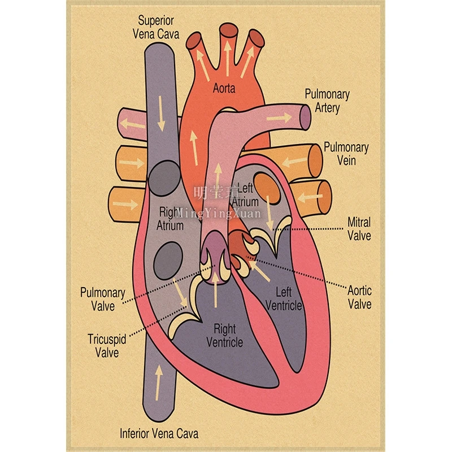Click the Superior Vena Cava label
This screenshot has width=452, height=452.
pyautogui.click(x=156, y=27)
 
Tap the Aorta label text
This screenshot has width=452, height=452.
pyautogui.click(x=224, y=89)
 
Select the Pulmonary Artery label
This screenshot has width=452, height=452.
pyautogui.click(x=327, y=101)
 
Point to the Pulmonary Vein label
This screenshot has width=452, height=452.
pyautogui.click(x=346, y=154)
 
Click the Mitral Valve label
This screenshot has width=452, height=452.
pyautogui.click(x=359, y=228)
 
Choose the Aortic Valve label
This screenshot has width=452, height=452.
pyautogui.click(x=359, y=297)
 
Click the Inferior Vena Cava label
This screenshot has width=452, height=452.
pyautogui.click(x=159, y=434)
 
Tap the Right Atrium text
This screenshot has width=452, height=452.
pyautogui.click(x=170, y=219)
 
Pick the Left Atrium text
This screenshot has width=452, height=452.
pyautogui.click(x=246, y=194)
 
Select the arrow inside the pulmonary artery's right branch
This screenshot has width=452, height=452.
pyautogui.click(x=281, y=118)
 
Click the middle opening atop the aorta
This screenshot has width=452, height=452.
pyautogui.click(x=228, y=31)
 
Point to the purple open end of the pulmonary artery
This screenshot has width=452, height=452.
pyautogui.click(x=305, y=116)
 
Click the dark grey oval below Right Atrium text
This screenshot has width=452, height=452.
pyautogui.click(x=167, y=257)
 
